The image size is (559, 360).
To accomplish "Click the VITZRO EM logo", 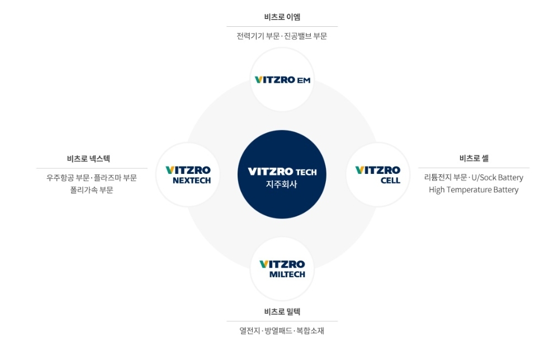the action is [282, 80].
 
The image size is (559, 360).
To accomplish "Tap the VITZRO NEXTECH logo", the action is [188, 175].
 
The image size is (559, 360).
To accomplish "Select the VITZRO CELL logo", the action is [378, 175].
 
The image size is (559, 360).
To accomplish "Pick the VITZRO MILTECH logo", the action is [282, 269].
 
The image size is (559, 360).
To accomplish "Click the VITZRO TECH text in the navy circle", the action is [282, 172].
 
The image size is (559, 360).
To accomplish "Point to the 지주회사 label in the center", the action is [281, 184].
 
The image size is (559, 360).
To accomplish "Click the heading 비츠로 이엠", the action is [282, 17].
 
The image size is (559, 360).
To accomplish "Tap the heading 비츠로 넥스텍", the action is [88, 159].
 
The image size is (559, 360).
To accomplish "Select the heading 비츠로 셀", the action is [474, 158].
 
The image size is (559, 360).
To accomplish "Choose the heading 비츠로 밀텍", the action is [282, 311].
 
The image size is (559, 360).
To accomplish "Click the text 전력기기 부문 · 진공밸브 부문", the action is [282, 36].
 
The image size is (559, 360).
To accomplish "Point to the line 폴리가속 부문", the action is [92, 190].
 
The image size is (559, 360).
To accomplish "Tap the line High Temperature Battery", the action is [473, 190].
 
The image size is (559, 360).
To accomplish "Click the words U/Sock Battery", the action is [498, 177].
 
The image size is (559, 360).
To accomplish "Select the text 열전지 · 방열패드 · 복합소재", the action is [282, 330].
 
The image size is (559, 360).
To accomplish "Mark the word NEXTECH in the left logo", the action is [192, 181].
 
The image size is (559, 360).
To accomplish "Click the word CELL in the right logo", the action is [390, 181].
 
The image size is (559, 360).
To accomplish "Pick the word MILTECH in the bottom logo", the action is [287, 274].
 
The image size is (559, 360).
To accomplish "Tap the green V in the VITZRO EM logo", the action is [258, 80].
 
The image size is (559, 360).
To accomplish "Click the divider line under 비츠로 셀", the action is [474, 168].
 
